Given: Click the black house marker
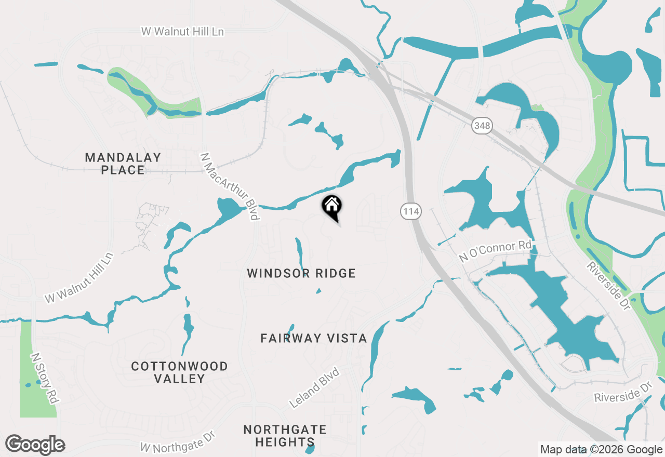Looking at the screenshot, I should coord(331,206).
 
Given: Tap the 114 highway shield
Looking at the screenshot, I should coord(410,211).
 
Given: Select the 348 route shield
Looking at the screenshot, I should coord(482,125).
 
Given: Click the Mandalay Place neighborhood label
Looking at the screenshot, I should coord(123,164).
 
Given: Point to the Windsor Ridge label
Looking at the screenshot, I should coord(301,273).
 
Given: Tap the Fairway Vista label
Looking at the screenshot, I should coord(314,339).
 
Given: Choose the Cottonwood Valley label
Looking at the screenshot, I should coord(179,372).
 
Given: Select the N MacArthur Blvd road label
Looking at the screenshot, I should coord(229,185).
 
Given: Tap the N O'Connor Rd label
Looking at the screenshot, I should coord(495,251).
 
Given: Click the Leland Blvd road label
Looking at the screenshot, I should coord(314,387).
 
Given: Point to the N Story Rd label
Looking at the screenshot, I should coord(44,378).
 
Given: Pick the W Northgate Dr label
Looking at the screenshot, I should coord(178,441).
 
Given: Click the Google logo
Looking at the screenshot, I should coord(35,445).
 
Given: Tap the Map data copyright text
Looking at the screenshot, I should coord(601,450).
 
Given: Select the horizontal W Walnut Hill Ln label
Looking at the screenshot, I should coord(182,32).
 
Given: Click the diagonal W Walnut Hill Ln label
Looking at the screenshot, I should coord(79,277).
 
